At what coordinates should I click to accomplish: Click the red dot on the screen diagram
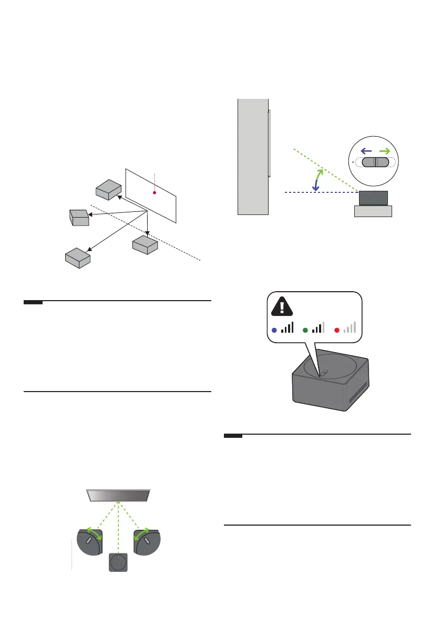tap(155, 193)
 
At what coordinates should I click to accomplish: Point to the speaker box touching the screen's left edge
tap(109, 189)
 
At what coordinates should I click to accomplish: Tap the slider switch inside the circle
tap(376, 162)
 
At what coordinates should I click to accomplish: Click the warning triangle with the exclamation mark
tap(283, 306)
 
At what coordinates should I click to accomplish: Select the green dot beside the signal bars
tap(305, 330)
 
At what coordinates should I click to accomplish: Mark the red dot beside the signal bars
tap(337, 330)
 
